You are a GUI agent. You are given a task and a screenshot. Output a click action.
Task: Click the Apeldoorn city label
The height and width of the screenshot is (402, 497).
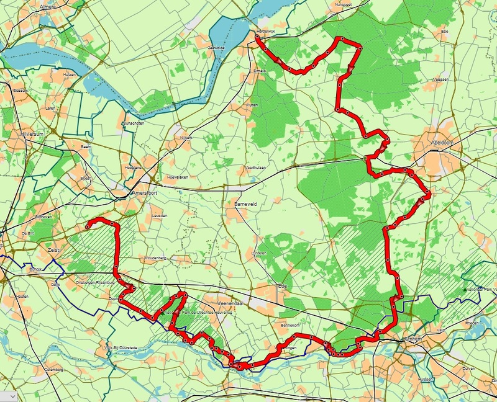(444, 142)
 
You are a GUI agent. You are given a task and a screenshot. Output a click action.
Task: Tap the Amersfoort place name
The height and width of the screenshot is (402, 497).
(145, 194)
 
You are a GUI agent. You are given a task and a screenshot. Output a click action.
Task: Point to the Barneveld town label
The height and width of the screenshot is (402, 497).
(237, 203)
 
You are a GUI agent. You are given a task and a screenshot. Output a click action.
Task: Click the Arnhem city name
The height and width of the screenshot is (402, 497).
(413, 339)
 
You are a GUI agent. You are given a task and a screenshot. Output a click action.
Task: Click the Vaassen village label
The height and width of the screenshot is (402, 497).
(440, 80)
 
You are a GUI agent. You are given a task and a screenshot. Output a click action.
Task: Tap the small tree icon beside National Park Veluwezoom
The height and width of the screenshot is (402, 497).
(465, 290)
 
